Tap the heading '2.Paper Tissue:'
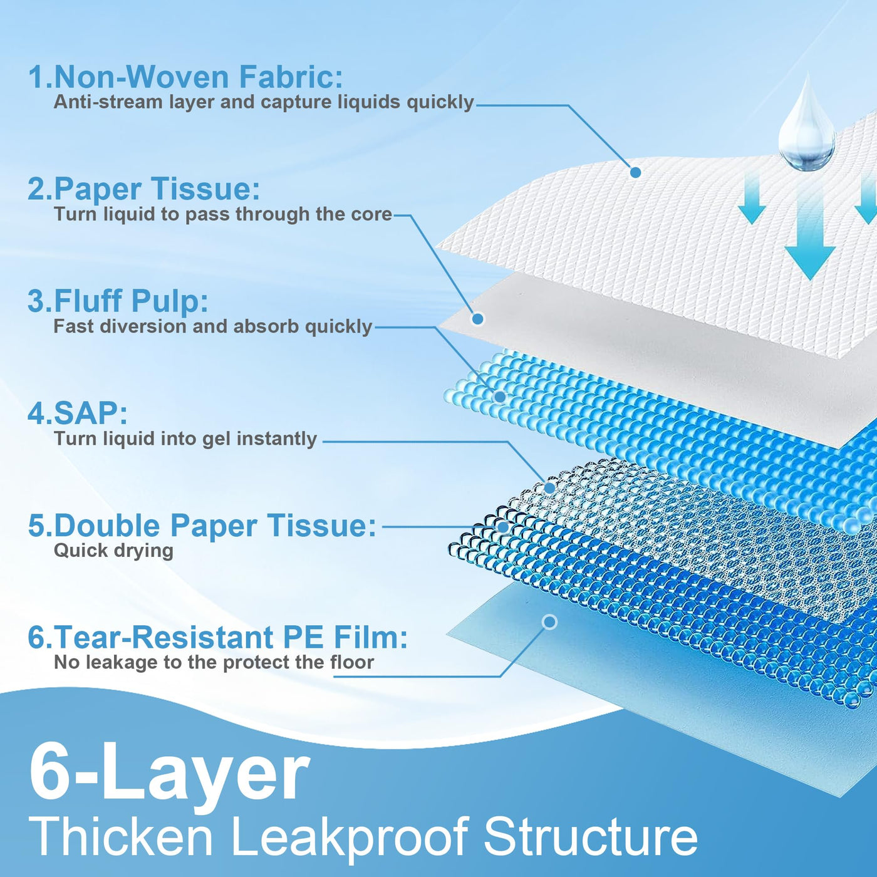pyautogui.click(x=144, y=189)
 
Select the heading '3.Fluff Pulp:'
pyautogui.click(x=118, y=301)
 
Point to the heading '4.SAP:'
pyautogui.click(x=78, y=413)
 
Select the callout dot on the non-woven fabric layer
pyautogui.click(x=636, y=172)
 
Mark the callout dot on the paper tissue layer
pyautogui.click(x=477, y=319)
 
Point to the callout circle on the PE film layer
pyautogui.click(x=550, y=622)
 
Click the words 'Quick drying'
pyautogui.click(x=114, y=551)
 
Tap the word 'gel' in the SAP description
pyautogui.click(x=217, y=440)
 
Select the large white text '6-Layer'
pyautogui.click(x=169, y=776)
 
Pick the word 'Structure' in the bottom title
pyautogui.click(x=590, y=836)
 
